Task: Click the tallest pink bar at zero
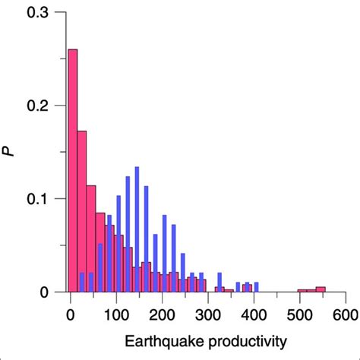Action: [73, 171]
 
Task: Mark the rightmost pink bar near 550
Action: [321, 289]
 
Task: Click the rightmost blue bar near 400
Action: [256, 287]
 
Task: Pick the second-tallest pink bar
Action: [82, 212]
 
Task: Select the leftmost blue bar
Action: [82, 282]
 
